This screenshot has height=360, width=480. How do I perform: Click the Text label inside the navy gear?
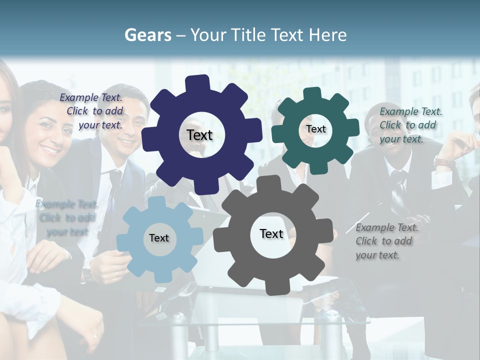(x=199, y=135)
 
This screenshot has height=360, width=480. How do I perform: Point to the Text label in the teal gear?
(x=315, y=129)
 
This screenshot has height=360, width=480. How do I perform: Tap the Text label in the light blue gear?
(x=159, y=238)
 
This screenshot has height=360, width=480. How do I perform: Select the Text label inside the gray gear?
(x=271, y=233)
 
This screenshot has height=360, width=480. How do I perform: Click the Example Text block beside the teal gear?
(x=410, y=125)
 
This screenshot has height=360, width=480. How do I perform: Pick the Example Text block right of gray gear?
(x=386, y=241)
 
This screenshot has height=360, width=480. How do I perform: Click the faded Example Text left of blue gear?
(x=66, y=218)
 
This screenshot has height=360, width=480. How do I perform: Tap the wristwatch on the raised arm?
(x=444, y=162)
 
